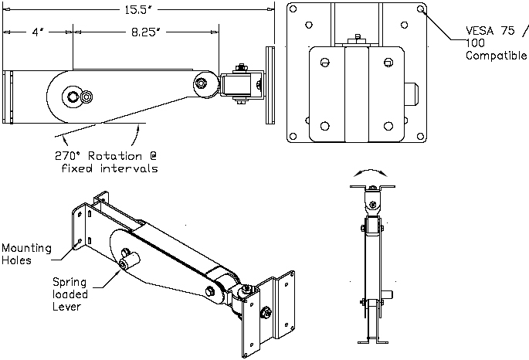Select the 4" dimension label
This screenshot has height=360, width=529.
pos(36,33)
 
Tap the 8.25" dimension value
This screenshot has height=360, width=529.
pos(146,33)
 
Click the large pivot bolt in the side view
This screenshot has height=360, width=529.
pos(73,96)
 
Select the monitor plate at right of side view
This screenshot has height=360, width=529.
pos(270,85)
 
